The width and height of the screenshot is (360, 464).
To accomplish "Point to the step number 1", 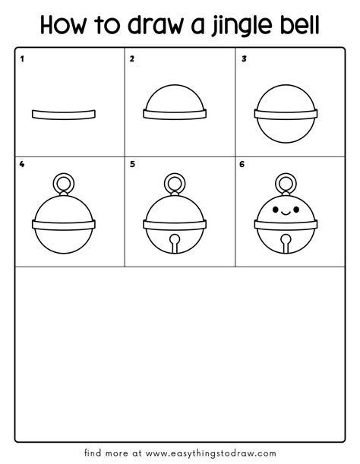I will [x=23, y=58].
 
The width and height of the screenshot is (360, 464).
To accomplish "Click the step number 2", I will [x=132, y=58].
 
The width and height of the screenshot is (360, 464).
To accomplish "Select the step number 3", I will [x=244, y=58].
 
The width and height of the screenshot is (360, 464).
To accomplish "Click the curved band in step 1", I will [x=64, y=114].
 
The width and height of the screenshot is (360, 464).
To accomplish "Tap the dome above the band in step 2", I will [x=175, y=97].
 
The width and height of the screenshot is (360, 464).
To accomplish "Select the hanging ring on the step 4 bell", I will [x=64, y=184].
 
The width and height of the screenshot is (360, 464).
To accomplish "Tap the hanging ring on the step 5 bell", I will [x=175, y=184].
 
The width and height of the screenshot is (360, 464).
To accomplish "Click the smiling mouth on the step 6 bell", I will [x=286, y=213].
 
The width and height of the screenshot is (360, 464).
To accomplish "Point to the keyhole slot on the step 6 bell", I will [x=286, y=243].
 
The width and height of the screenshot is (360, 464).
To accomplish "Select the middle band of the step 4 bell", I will [x=64, y=223].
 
